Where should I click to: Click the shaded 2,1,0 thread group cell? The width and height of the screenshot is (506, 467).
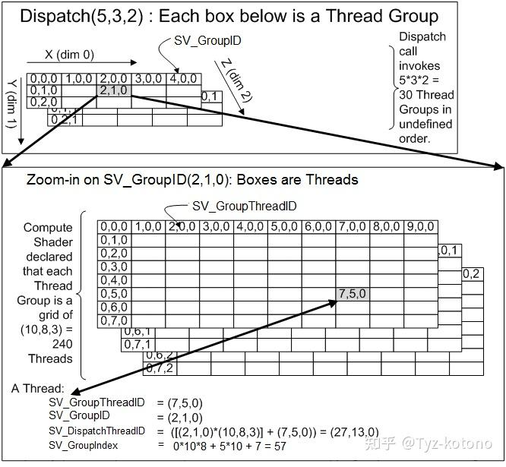tap(114, 90)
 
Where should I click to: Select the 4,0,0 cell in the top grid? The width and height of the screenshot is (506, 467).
tap(184, 79)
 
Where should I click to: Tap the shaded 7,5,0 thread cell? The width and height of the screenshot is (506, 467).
tap(353, 294)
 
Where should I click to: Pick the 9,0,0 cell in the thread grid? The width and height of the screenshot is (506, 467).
tap(420, 227)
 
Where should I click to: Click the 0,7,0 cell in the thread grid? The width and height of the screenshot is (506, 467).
tap(114, 321)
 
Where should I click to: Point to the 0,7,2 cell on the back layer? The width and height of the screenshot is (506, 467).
tap(160, 368)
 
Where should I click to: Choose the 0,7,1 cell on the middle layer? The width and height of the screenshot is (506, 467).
tap(138, 345)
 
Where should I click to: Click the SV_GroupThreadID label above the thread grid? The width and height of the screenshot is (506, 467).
tap(245, 206)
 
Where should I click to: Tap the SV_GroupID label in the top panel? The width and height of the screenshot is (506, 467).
tap(207, 41)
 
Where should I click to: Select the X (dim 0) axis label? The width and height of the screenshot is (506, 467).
tap(69, 55)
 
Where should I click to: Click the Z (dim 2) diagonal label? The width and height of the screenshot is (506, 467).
tap(237, 80)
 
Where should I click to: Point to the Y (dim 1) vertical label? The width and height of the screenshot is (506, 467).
tap(11, 104)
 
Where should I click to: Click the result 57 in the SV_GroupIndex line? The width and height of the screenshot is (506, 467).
tap(280, 446)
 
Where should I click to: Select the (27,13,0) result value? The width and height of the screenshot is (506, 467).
tap(354, 432)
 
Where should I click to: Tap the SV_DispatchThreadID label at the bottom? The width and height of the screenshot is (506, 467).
tap(96, 431)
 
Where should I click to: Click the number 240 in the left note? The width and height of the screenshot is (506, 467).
tap(62, 344)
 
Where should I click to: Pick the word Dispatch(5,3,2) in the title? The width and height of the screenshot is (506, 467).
tap(81, 16)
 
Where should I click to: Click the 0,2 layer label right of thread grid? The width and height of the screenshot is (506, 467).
tap(471, 274)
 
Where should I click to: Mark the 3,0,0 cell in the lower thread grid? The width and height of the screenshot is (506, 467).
tap(217, 227)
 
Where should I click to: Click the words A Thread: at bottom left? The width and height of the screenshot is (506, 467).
tap(38, 389)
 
